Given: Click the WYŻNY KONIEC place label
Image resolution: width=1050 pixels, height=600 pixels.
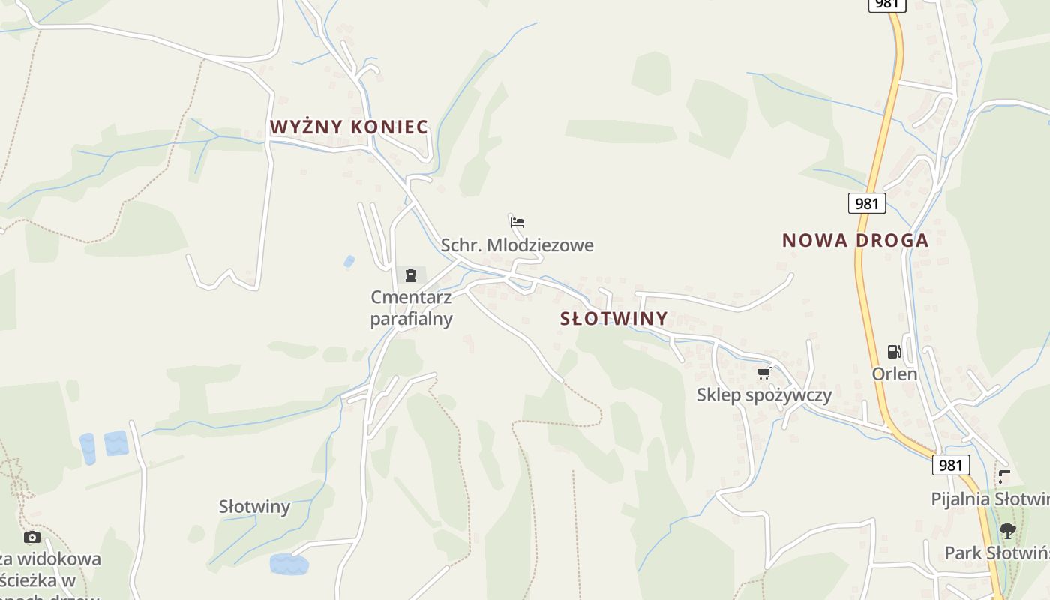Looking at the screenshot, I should [x=349, y=127].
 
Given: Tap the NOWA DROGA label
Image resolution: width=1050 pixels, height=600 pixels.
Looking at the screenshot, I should [x=855, y=240].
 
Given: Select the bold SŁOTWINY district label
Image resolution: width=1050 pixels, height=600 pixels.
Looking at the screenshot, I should [x=613, y=318].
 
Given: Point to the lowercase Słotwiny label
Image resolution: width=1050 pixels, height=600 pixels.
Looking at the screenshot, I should [x=254, y=507].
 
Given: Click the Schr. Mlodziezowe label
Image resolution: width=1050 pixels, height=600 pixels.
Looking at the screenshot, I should [x=517, y=245].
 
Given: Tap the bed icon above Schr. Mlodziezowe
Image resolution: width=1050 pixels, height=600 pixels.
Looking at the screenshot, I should [x=517, y=223].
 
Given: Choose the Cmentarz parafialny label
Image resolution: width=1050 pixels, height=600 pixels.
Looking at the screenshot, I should [x=411, y=308].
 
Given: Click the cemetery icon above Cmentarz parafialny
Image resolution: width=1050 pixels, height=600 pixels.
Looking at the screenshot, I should [x=410, y=275].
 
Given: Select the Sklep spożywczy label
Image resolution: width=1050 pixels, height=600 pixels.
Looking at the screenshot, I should [x=763, y=394].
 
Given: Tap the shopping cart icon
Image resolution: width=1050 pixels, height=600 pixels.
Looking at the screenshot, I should [x=763, y=373].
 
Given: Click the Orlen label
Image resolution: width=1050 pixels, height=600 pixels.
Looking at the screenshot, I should [x=894, y=373].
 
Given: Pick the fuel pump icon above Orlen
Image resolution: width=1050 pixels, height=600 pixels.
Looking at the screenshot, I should [x=894, y=351].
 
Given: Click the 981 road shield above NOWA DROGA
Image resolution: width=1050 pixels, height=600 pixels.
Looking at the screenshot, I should [x=867, y=203].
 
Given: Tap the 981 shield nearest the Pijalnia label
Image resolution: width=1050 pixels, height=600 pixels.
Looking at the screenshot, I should [x=950, y=465].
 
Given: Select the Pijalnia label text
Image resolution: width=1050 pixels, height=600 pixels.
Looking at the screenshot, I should [x=989, y=499].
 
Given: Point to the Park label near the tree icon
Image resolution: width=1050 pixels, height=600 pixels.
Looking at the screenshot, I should [x=996, y=553].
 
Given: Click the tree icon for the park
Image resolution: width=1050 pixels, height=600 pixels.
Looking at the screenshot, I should [x=1007, y=531].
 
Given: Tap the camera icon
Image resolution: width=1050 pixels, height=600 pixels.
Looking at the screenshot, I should [x=31, y=537].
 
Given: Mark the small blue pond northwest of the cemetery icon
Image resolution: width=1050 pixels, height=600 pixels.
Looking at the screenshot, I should [x=349, y=262].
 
